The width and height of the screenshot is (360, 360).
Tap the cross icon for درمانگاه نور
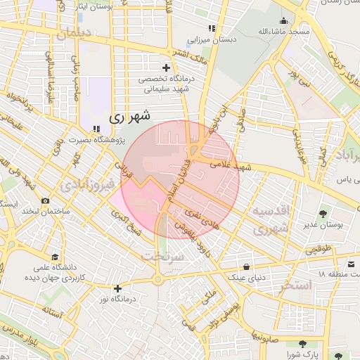pos(117,288)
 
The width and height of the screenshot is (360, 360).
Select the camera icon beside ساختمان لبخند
pos(45,201)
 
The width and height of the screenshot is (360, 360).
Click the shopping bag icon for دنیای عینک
pos(246,266)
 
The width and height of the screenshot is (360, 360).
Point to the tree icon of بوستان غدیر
pos(324,213)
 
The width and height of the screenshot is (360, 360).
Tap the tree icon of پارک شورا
pos(302,344)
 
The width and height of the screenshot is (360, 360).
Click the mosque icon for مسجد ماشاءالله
pos(283,20)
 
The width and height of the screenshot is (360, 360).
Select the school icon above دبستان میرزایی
pos(212,28)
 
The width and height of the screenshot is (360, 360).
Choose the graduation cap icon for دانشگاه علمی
pos(55,257)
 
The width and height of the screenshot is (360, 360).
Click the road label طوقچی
pos(318,250)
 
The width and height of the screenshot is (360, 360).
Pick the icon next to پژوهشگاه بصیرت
pos(96,129)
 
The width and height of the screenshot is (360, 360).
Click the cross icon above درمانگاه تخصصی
pos(166,67)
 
